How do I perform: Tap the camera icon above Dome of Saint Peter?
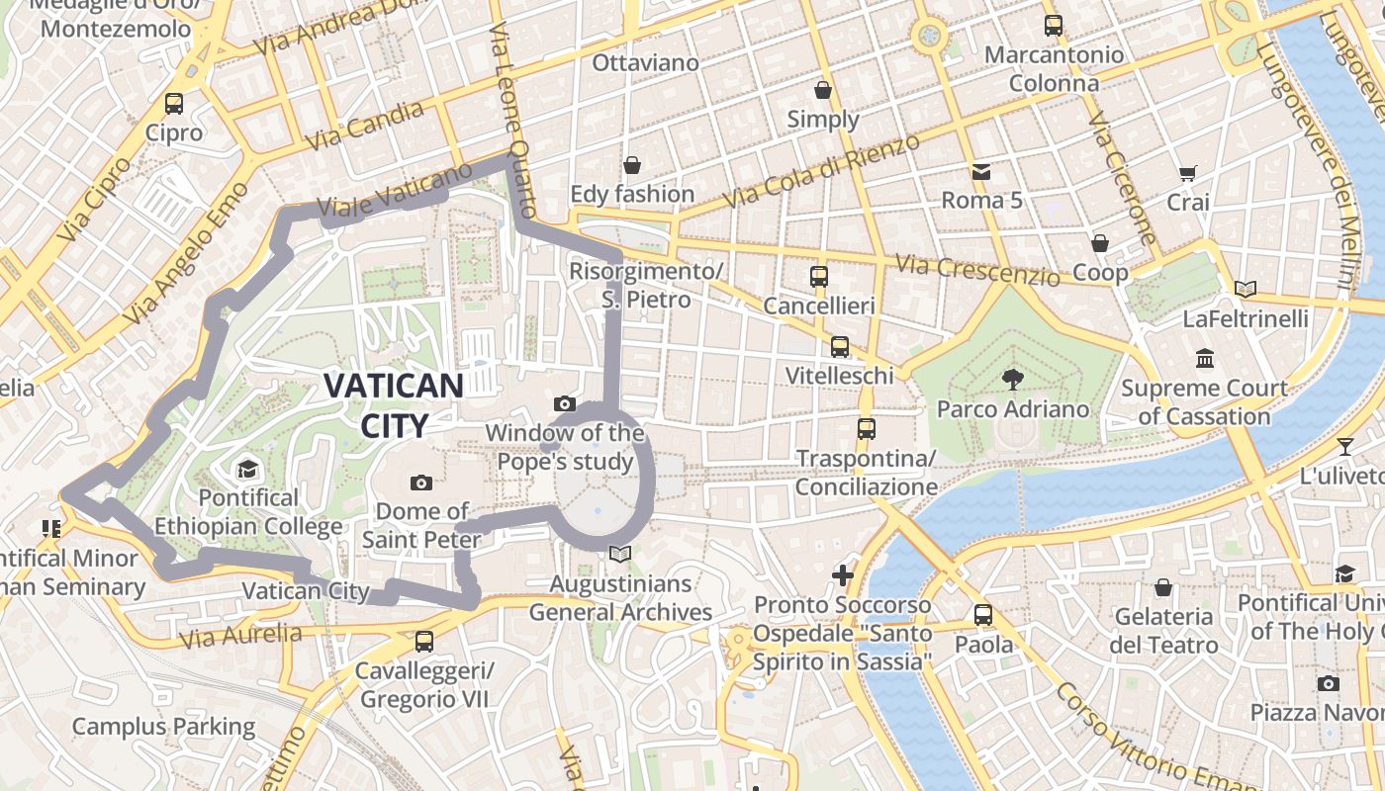coord(421,483)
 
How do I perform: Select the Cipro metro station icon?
coord(174,103)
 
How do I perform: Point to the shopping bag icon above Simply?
coord(823,91)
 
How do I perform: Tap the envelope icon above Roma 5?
coord(981,172)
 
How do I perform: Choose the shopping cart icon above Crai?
coord(1188,174)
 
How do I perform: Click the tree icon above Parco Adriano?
coord(1012,378)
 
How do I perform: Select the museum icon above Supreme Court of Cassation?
coord(1204,358)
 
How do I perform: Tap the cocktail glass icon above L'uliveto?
coord(1344,446)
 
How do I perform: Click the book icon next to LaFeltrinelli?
coord(1246,289)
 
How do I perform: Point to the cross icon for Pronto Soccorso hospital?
coord(843,574)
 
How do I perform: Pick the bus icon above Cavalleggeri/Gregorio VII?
coord(424,641)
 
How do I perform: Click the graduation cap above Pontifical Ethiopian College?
coord(247,468)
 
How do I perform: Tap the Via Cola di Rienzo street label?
coord(821,170)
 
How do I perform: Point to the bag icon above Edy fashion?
coord(632,164)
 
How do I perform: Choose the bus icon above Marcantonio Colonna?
coord(1054,26)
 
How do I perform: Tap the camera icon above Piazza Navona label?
coord(1329,683)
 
